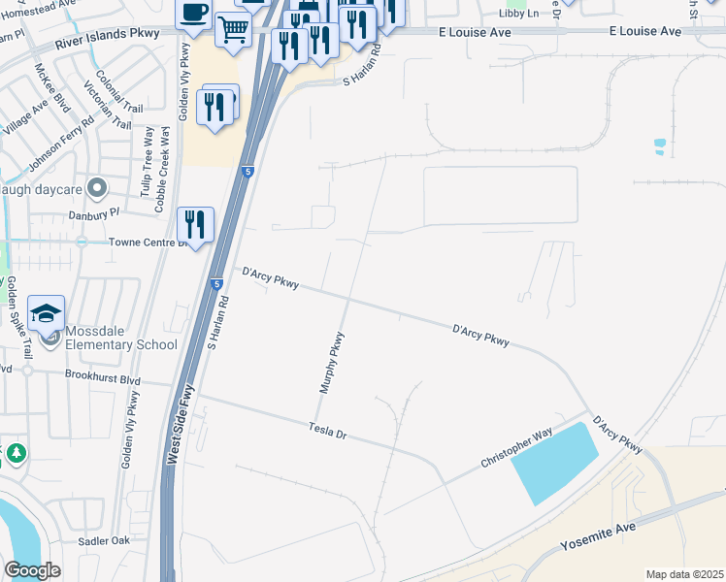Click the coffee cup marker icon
coord(192,14)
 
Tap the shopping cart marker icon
coord(232,31)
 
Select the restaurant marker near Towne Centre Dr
coord(195,225)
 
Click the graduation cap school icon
coord(46,313)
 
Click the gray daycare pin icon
coord(95,186)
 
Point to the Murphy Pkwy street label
coord(333,363)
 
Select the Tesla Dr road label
coord(328,431)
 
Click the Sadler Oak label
coord(105,540)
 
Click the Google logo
coord(32,570)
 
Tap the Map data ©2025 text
coord(683,574)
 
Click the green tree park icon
coord(16,452)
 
